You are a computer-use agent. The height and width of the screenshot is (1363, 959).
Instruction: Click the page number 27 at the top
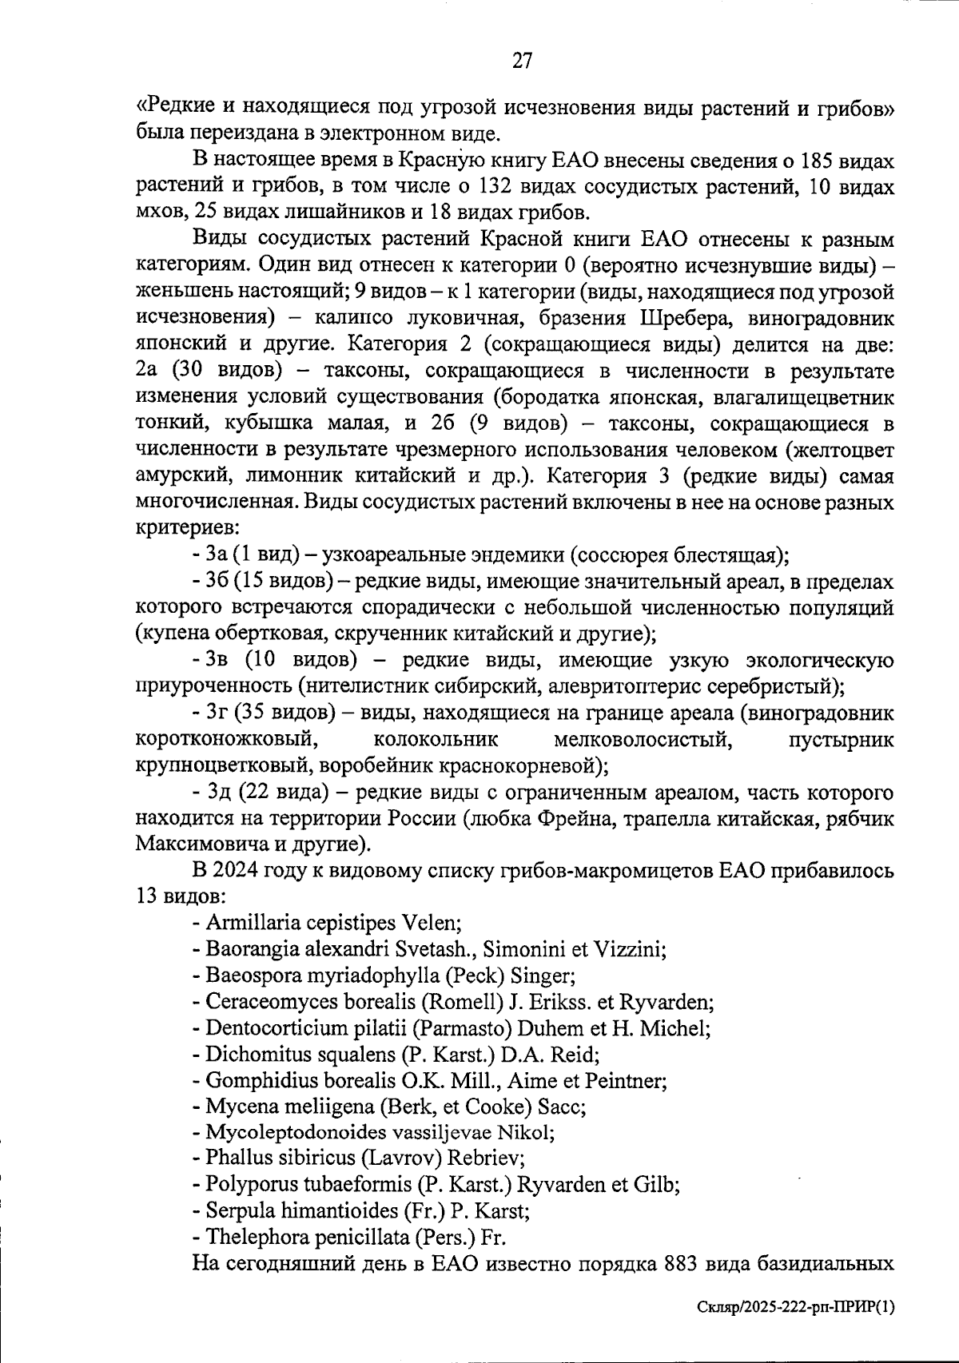tap(521, 62)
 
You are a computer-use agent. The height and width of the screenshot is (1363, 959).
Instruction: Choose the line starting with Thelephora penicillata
tap(350, 1238)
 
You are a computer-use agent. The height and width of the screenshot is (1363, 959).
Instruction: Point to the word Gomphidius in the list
tap(254, 1080)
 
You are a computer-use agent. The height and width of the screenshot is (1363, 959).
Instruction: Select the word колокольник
tap(436, 740)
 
